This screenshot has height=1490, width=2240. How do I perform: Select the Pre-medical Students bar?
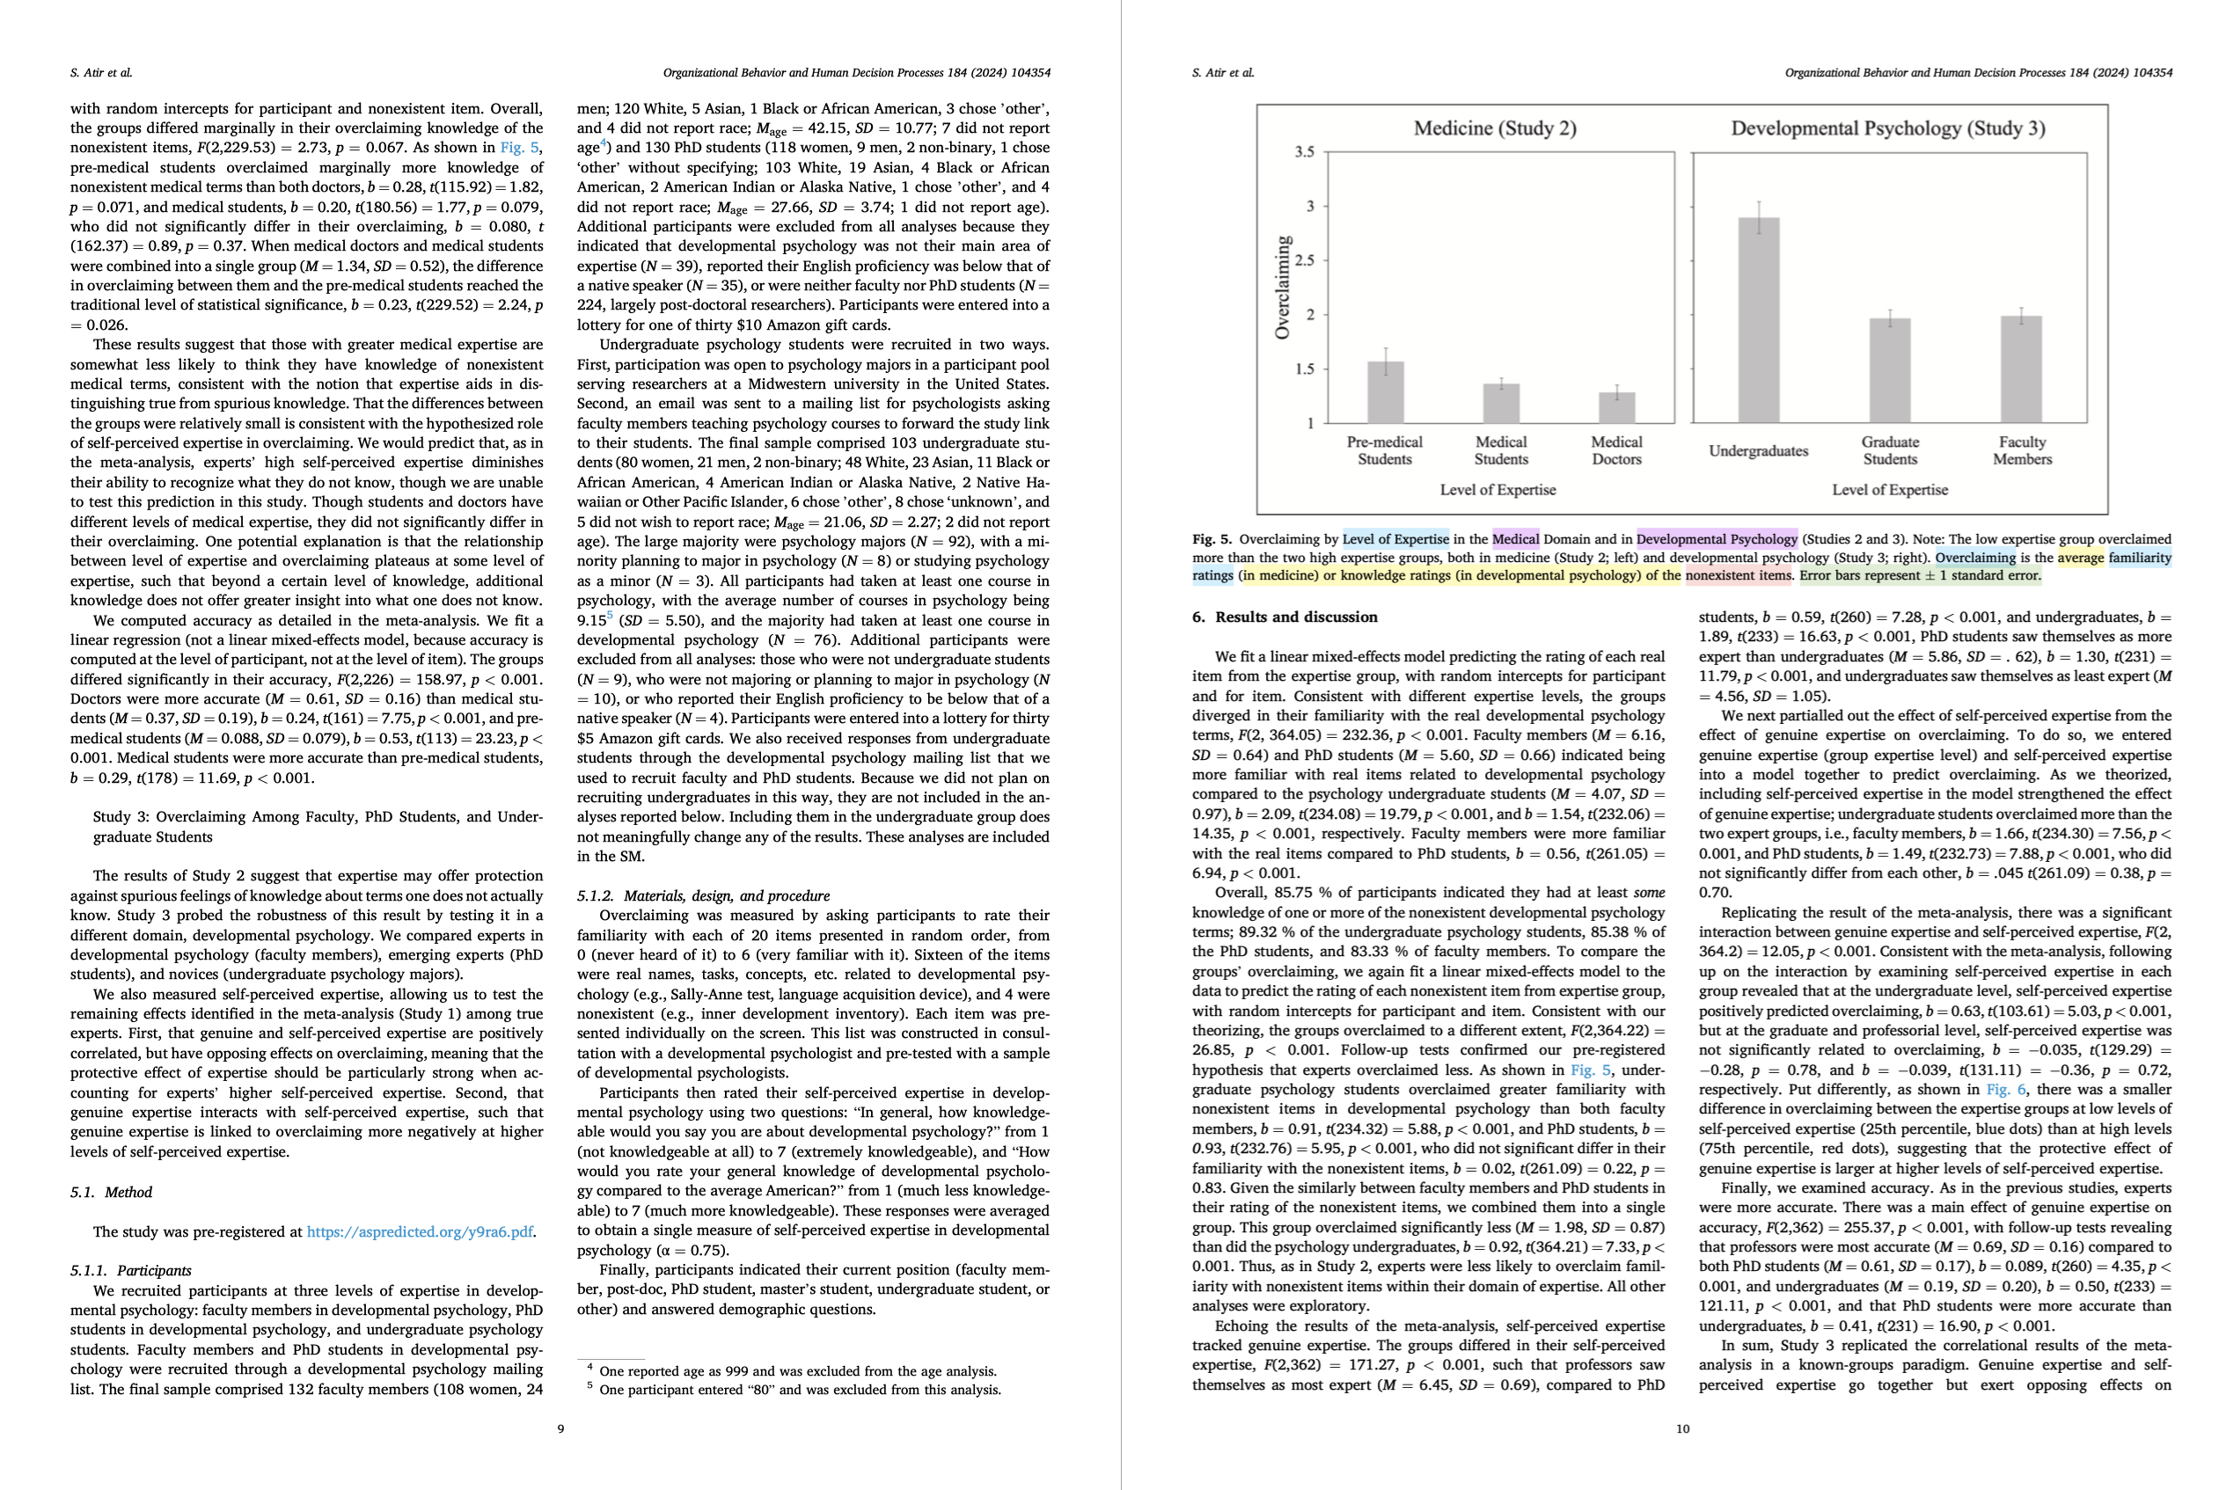coord(1385,392)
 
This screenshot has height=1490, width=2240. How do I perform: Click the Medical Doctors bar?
coord(1616,407)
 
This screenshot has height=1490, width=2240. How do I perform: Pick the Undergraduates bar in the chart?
coord(1758,320)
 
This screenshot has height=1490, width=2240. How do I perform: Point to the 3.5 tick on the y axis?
coord(1304,152)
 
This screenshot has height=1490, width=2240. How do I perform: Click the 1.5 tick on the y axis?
coord(1304,369)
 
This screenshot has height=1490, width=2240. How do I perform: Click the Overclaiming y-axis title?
coord(1282,288)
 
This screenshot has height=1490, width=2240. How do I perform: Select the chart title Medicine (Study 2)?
coord(1494,128)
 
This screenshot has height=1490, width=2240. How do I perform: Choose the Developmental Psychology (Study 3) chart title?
coord(1887,128)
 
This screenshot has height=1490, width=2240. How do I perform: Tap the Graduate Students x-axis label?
coord(1889,450)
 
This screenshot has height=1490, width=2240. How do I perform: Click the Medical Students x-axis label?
coord(1501,450)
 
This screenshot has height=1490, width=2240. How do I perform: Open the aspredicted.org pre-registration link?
coord(419,1231)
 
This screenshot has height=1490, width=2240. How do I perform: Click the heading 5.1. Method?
coord(110,1193)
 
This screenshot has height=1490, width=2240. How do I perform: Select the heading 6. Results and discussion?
coord(1284,617)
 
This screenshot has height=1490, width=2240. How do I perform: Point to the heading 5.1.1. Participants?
coord(130,1270)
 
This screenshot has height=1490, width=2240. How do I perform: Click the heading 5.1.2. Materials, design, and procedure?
coord(702,896)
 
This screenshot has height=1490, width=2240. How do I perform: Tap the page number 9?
coord(560,1428)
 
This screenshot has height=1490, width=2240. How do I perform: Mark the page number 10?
coord(1682,1428)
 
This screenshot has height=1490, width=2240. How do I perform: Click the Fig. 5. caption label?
coord(1212,540)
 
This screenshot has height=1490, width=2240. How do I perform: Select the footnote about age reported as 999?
coord(797,1371)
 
